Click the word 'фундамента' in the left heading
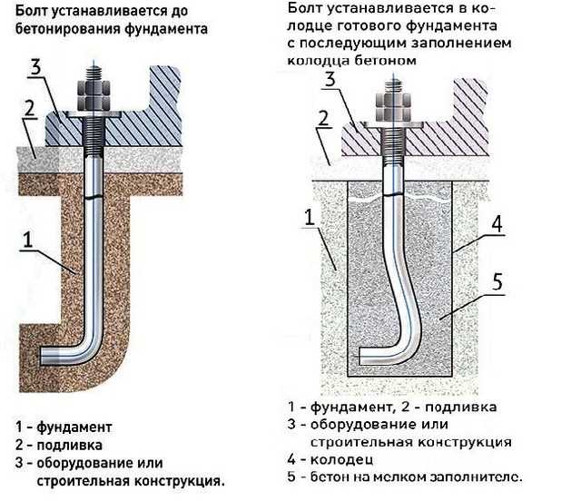(x=167, y=29)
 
